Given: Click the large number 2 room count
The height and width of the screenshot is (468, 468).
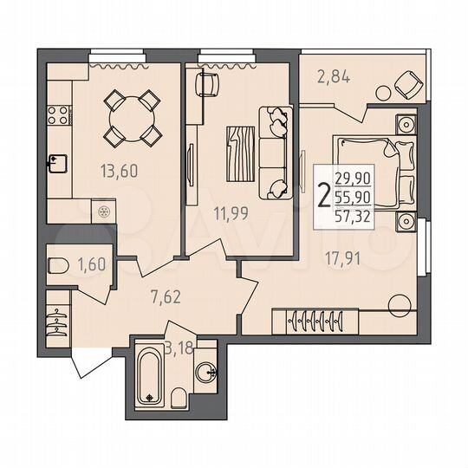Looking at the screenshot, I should [x=324, y=198].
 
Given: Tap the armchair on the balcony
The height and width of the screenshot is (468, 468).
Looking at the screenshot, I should [x=404, y=84].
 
